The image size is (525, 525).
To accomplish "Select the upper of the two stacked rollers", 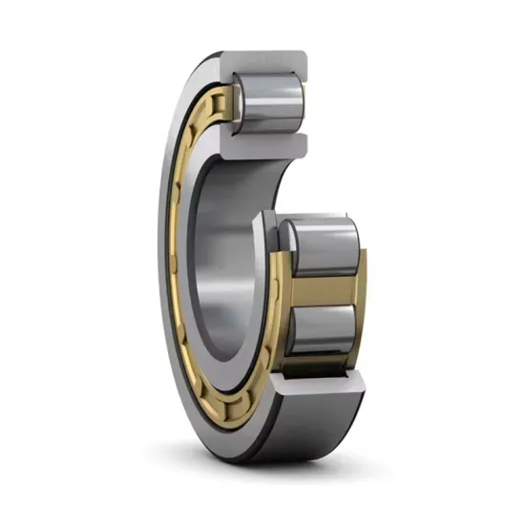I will (323, 245).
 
